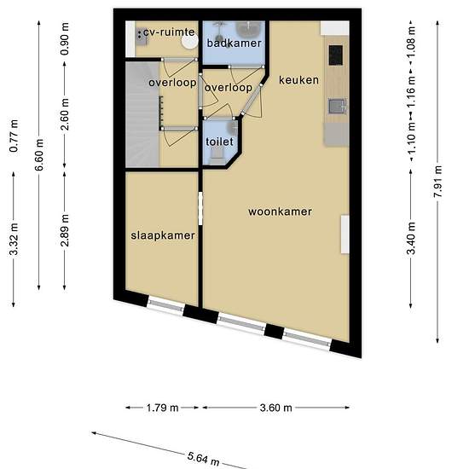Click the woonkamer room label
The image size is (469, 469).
click(280, 211)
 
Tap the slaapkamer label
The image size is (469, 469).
click(163, 235)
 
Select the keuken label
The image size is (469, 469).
click(298, 80)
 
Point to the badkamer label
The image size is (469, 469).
click(234, 43)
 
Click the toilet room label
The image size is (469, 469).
click(219, 142)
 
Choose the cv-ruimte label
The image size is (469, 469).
click(169, 32)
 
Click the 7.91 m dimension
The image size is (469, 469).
click(437, 182)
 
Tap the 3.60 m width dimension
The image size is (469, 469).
click(275, 408)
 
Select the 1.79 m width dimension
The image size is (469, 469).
click(162, 408)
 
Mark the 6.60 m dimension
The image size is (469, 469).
click(39, 154)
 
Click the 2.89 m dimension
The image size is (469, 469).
click(65, 230)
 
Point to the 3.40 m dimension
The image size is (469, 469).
click(411, 238)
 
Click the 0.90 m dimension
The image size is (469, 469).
click(65, 39)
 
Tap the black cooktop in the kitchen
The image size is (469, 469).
click(336, 55)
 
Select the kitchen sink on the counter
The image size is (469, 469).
click(338, 107)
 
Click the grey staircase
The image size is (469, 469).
click(142, 114)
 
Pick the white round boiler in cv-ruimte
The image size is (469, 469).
click(190, 41)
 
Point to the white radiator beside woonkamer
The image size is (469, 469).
click(345, 234)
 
